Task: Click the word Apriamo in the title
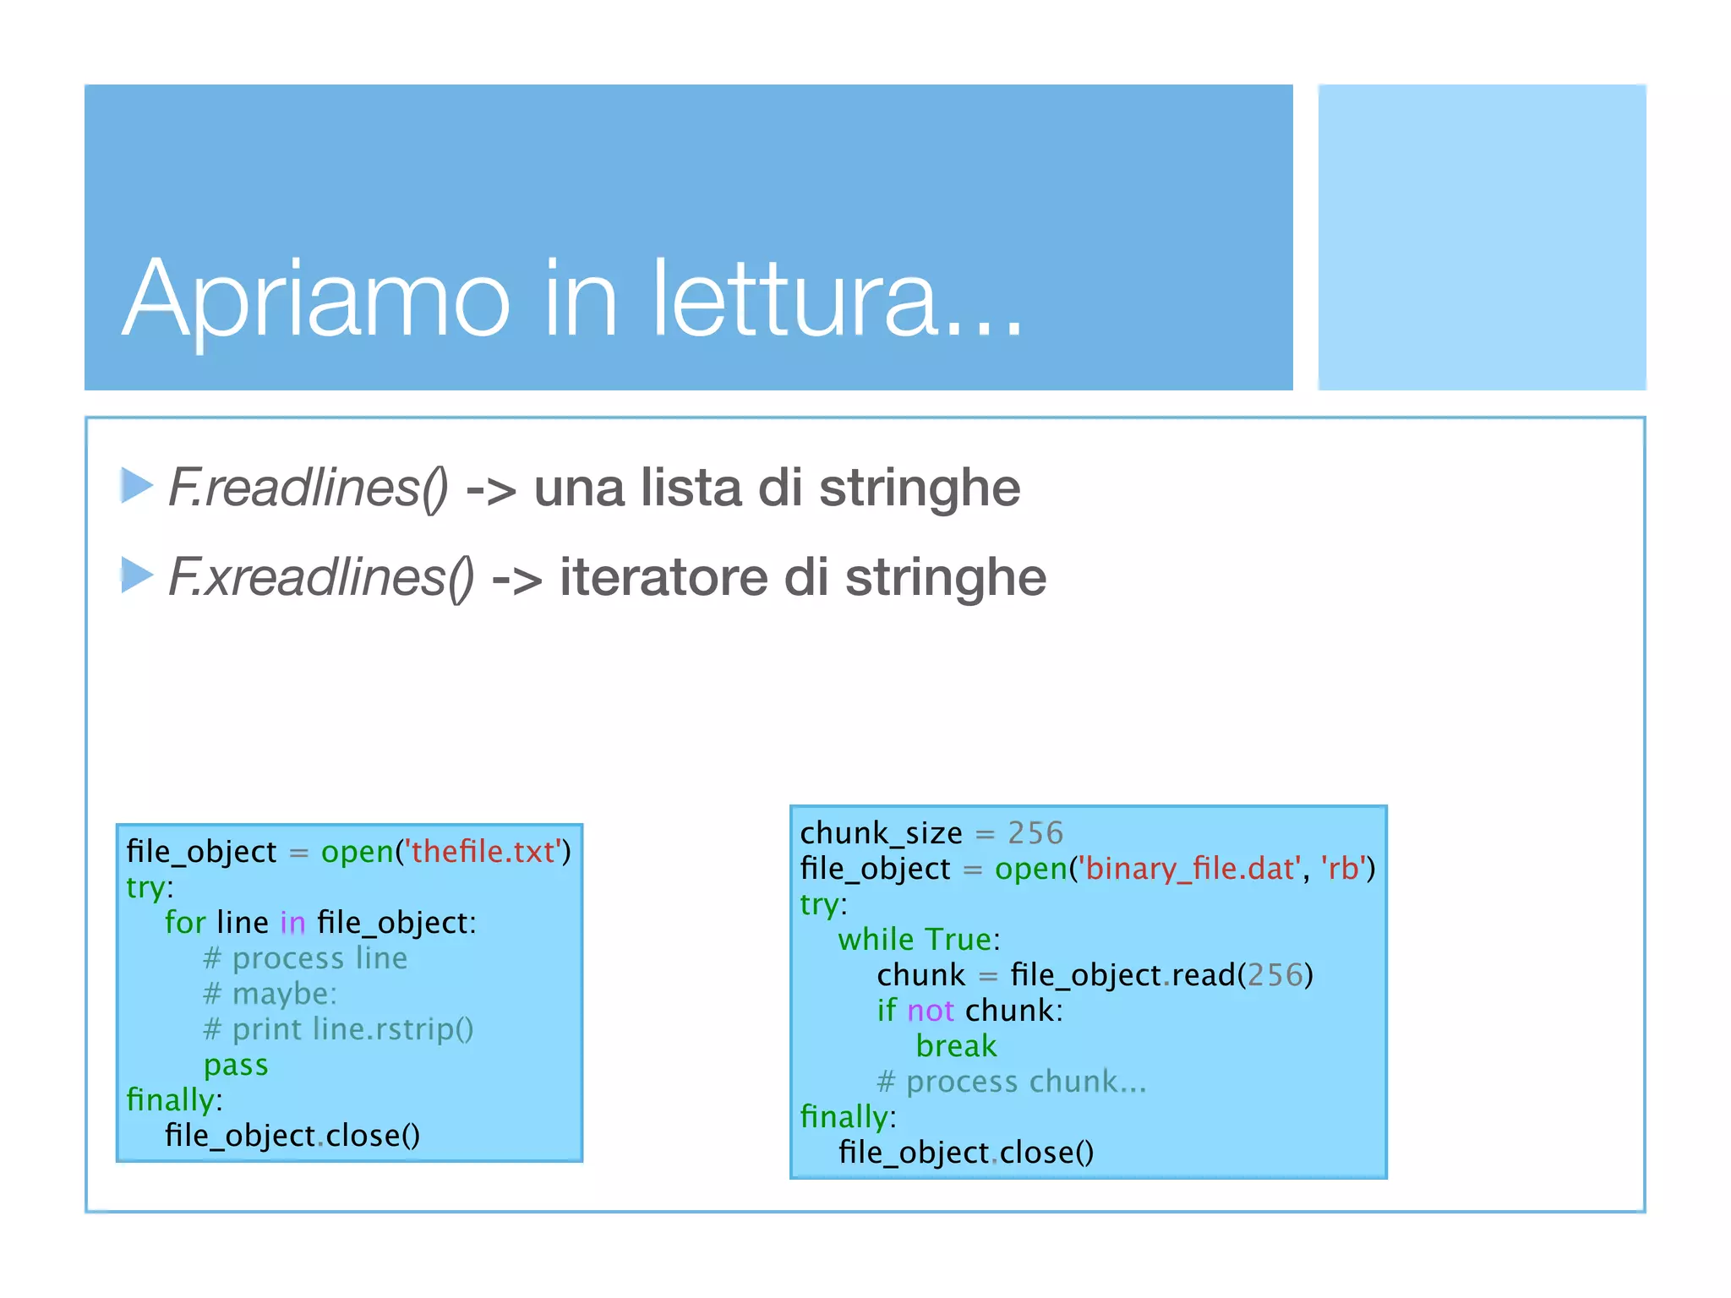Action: (316, 300)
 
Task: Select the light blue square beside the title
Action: (1481, 237)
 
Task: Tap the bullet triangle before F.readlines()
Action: (136, 485)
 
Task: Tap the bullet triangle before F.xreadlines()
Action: (136, 575)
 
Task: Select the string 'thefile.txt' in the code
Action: (483, 852)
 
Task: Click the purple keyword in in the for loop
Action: (292, 923)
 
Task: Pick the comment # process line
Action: (305, 958)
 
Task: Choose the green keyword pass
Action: (236, 1065)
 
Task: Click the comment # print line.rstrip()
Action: (338, 1029)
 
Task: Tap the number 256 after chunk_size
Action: (1035, 833)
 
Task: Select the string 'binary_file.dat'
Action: (1189, 869)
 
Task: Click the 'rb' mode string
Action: (1343, 869)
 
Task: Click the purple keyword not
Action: (930, 1011)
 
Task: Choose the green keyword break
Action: (956, 1046)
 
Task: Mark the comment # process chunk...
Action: (1011, 1082)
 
